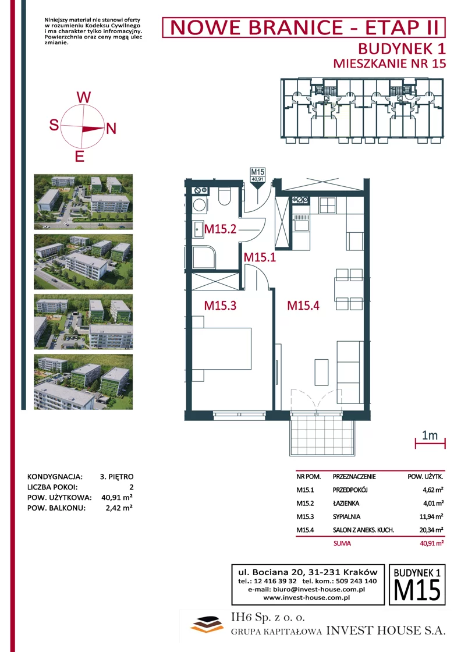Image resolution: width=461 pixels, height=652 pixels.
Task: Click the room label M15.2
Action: pos(221,229)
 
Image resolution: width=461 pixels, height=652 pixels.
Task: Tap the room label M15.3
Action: pos(221,306)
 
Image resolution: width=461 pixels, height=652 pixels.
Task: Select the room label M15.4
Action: pos(303,306)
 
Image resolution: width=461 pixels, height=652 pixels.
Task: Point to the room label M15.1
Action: pos(260,257)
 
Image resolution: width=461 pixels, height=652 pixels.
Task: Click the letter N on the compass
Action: pos(111,129)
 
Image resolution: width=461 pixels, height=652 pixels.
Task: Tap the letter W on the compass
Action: pos(84,97)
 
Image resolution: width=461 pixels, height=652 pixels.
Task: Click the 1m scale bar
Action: pos(430,444)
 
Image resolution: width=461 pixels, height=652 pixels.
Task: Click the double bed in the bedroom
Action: pos(222,349)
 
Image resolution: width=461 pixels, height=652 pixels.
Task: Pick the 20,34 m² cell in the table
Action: pos(431,530)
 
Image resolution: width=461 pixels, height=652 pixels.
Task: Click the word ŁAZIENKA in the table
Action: pos(346,503)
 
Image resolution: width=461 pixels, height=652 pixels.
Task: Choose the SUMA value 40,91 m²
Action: pos(431,543)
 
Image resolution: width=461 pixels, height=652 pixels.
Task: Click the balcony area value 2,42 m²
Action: pos(119,508)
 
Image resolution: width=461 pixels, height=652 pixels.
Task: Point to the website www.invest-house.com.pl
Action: pos(306,597)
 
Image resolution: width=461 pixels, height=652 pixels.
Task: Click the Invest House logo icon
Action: pos(207,623)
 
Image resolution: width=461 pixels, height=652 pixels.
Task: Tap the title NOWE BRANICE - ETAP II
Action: pos(304,28)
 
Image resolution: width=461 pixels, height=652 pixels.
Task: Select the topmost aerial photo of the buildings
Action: pos(83,201)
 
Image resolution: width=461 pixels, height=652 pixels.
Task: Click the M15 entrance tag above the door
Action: pos(258,174)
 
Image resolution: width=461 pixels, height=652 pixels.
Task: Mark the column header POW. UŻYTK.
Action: pos(425,477)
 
